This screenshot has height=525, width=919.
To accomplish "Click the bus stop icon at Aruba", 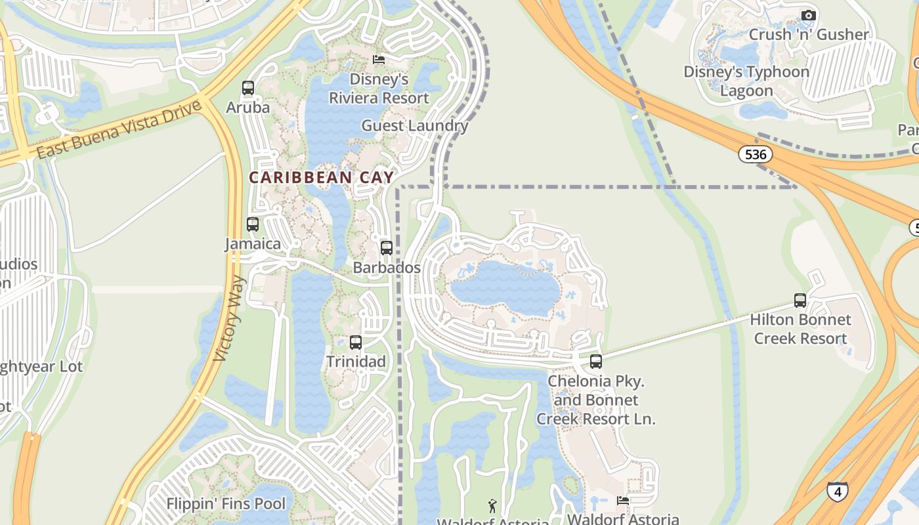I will coord(248,88).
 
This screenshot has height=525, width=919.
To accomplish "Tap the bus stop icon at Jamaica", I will coord(253,224).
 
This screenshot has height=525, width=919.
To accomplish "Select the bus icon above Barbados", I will coord(387,248).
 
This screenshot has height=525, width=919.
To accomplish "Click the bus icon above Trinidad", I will coord(356,342).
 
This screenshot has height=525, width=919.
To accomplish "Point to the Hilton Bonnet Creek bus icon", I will coord(800,301).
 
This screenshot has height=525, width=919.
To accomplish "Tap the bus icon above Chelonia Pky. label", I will coord(596,362).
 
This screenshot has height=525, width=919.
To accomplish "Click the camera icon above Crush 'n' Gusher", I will coord(809,15).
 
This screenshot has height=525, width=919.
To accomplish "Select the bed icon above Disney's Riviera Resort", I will coord(379,60).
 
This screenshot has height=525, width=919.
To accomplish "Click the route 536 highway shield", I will coord(755,155).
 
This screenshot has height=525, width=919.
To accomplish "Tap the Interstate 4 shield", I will coord(837,492).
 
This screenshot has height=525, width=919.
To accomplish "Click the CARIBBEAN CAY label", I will coord(322,177).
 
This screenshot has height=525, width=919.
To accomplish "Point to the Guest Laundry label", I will coord(415,126).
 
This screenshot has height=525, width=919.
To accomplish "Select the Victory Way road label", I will coord(230,318).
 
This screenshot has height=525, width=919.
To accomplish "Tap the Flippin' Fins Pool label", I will coord(226,504).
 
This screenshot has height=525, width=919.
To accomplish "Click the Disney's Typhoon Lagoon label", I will coord(746,81).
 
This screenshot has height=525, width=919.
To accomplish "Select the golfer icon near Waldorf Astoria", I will coord(492,505).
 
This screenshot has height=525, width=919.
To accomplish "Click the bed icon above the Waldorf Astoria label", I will coord(623,501).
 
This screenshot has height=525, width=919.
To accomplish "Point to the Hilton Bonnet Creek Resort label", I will coord(800,329).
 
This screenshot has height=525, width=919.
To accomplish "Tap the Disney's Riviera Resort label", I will coord(379,89).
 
